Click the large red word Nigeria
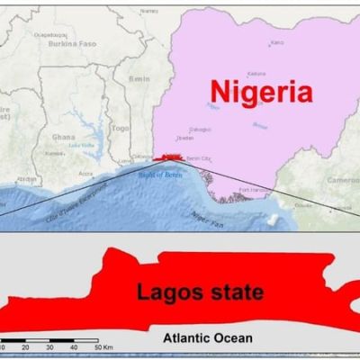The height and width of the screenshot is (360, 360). tap(262, 91)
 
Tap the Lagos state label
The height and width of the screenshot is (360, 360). tap(201, 292)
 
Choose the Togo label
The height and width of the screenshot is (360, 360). tap(120, 129)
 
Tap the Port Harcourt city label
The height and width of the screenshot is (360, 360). tap(250, 189)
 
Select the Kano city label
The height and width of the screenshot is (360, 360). tap(277, 42)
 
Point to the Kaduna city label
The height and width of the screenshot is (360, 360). tap(256, 74)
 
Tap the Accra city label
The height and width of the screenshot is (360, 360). tap(85, 175)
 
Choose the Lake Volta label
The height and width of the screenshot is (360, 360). tap(81, 144)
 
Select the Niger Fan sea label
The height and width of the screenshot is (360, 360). tap(205, 215)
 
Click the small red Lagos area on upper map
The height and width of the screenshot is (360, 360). tap(171, 157)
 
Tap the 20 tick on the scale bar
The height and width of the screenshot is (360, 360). tap(25, 346)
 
